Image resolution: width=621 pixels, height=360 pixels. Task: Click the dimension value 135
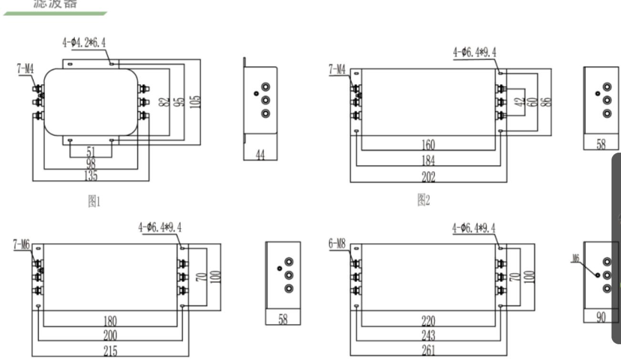click(91, 176)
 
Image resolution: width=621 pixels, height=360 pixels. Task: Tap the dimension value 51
click(91, 152)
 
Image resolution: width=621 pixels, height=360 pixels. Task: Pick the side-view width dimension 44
click(260, 155)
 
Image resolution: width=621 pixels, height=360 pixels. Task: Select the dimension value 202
click(428, 177)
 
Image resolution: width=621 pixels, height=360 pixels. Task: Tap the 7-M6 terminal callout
click(21, 244)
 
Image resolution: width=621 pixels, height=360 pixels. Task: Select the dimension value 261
click(428, 350)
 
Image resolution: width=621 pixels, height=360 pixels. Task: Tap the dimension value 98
click(91, 164)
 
